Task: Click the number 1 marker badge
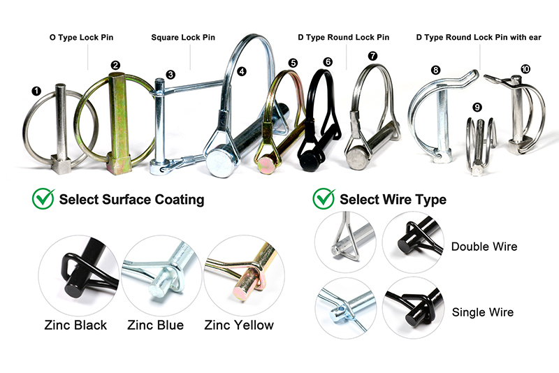coord(36,90)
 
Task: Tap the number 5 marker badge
coord(293,63)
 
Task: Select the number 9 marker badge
coord(477,107)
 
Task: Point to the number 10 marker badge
coord(525,68)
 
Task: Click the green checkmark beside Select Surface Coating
coord(43,199)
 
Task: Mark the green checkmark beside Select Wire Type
coord(324,199)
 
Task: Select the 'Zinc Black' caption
coord(75,325)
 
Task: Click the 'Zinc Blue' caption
coord(156,325)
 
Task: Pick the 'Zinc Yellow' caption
coord(239,325)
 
